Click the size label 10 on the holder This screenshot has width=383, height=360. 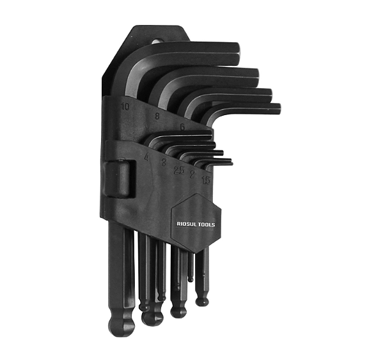(x=126, y=106)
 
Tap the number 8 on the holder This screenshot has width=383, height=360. (x=157, y=116)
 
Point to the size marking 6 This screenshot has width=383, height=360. (x=182, y=127)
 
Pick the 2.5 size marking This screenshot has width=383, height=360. (x=180, y=171)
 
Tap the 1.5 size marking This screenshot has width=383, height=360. (x=206, y=181)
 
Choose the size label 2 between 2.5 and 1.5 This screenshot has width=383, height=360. (x=192, y=174)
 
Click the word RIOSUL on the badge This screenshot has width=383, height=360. (x=186, y=224)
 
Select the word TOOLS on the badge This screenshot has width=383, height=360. (x=205, y=224)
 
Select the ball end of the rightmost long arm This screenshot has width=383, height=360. (x=202, y=298)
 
